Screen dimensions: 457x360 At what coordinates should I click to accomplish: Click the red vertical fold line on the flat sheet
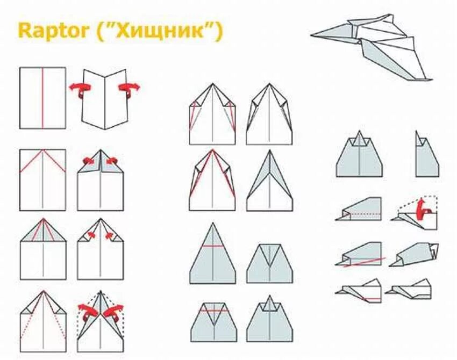point(42,98)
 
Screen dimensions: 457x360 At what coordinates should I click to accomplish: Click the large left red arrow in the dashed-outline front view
point(86,311)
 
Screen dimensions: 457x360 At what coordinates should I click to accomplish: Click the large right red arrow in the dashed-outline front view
point(115,311)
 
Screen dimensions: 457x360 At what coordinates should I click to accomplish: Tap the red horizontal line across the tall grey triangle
point(213,247)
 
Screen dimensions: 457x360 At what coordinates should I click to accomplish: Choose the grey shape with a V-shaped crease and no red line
point(269,263)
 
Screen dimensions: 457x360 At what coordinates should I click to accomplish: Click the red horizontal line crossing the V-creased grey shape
point(213,311)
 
